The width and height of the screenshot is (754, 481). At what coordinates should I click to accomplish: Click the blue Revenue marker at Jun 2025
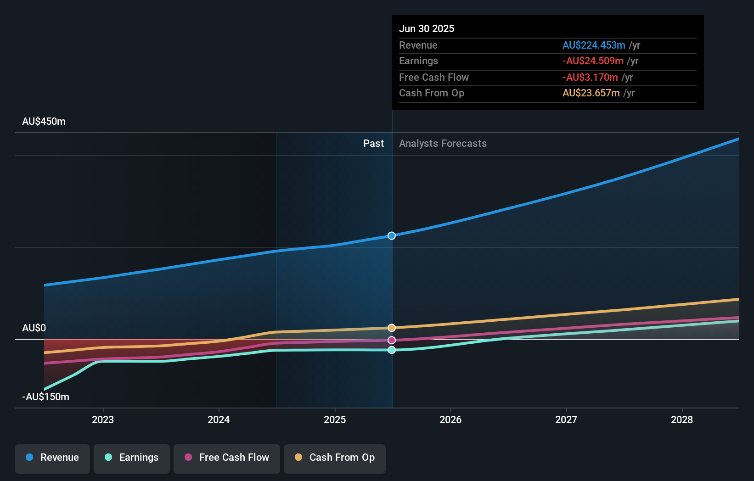(392, 235)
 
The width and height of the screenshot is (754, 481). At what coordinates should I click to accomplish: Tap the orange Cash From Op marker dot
(392, 328)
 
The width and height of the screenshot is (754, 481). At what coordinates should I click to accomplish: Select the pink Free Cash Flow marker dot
(392, 340)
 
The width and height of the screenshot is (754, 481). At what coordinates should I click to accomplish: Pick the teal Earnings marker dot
(392, 350)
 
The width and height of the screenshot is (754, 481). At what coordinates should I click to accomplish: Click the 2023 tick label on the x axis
(103, 419)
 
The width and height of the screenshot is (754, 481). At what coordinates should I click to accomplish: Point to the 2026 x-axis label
(450, 419)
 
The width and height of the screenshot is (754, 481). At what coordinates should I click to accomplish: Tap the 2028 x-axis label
(682, 419)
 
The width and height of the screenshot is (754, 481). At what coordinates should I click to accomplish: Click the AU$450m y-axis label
(44, 122)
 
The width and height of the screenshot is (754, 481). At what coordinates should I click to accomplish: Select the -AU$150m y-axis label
(46, 397)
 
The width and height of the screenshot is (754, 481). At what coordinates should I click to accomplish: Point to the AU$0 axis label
(34, 328)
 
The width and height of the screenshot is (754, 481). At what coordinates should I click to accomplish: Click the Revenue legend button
(52, 458)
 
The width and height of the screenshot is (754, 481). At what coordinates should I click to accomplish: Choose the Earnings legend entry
(132, 458)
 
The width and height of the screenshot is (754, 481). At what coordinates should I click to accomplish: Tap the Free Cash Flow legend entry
(227, 458)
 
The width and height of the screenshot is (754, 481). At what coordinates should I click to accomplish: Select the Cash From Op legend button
(335, 458)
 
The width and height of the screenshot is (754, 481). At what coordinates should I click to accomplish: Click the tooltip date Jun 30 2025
(427, 28)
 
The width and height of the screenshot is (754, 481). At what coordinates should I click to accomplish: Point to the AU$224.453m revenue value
(594, 45)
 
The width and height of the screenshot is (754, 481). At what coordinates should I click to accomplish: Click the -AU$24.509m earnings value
(593, 61)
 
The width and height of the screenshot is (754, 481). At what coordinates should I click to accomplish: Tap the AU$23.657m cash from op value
(591, 93)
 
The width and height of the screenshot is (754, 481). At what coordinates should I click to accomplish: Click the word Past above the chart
(373, 143)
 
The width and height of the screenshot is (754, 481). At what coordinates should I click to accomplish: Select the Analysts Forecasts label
(443, 143)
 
